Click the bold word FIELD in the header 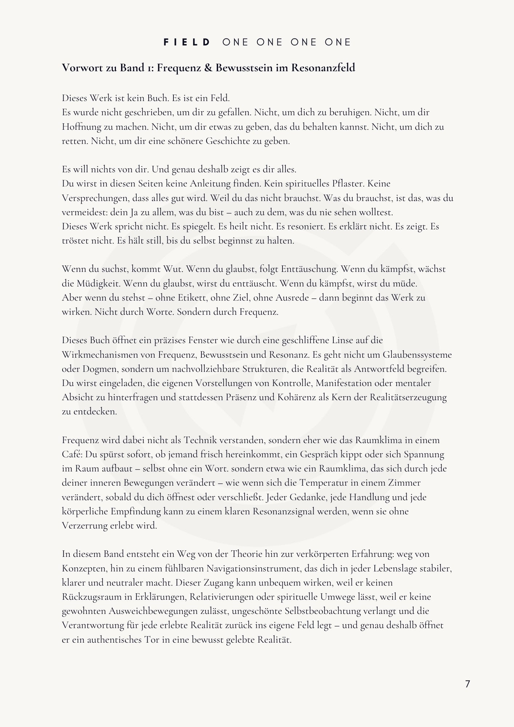tap(187, 42)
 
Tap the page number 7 tap(467, 684)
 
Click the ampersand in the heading tap(208, 68)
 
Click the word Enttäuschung tap(309, 269)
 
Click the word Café tap(72, 454)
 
